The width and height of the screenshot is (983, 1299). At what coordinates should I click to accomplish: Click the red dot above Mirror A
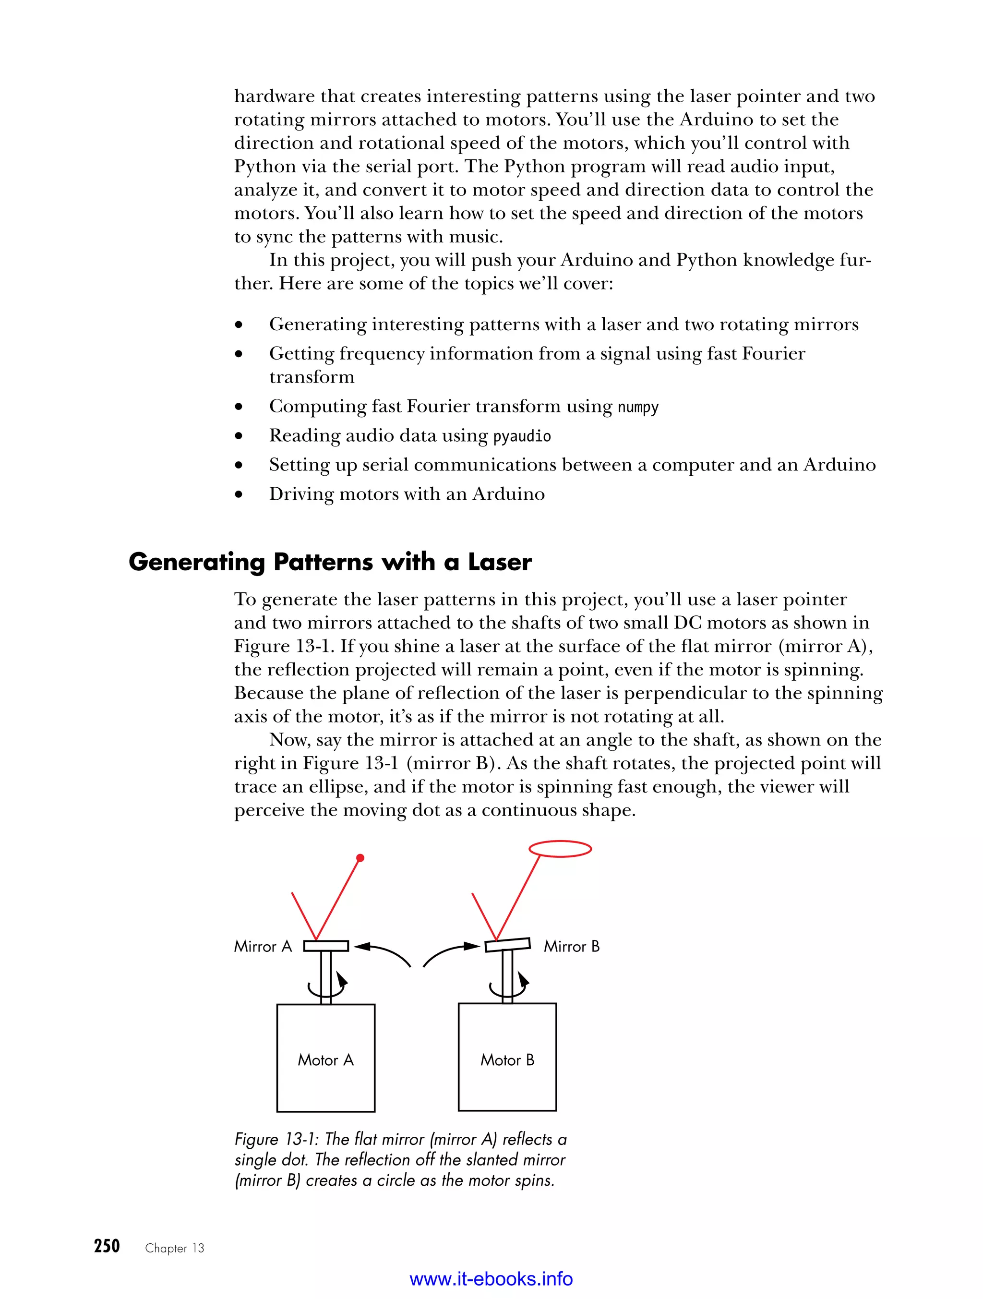[360, 858]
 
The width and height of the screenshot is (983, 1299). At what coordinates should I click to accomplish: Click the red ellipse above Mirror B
[560, 849]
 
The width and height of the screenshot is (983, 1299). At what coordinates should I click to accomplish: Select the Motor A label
[325, 1060]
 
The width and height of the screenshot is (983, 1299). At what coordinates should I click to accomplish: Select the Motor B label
[507, 1060]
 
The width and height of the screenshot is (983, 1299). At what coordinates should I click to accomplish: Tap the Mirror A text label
[263, 947]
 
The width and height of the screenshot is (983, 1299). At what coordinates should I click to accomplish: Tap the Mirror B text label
[571, 947]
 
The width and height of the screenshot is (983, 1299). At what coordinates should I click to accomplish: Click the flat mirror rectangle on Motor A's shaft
[326, 946]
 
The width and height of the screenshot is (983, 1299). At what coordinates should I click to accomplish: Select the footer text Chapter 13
[174, 1249]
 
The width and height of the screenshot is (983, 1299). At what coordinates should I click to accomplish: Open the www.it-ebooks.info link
[491, 1279]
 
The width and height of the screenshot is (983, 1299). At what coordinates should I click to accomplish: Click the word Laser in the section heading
[500, 562]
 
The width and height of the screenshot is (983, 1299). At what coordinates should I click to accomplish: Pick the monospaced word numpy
[638, 407]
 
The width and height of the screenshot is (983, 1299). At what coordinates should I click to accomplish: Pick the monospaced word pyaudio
[522, 436]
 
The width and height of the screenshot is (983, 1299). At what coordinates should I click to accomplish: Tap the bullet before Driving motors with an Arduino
[239, 495]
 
